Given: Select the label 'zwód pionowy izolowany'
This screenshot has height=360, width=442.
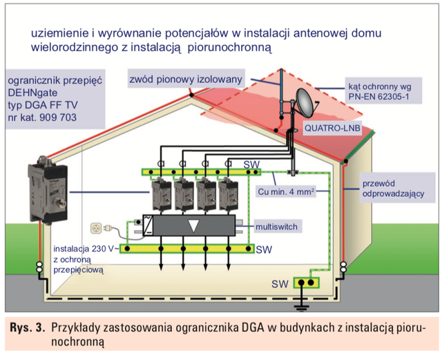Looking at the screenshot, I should coord(186,79).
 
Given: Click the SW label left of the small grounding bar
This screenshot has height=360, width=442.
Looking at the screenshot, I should coord(280,283).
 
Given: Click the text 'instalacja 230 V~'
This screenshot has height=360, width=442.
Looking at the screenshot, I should coord(88,247).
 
